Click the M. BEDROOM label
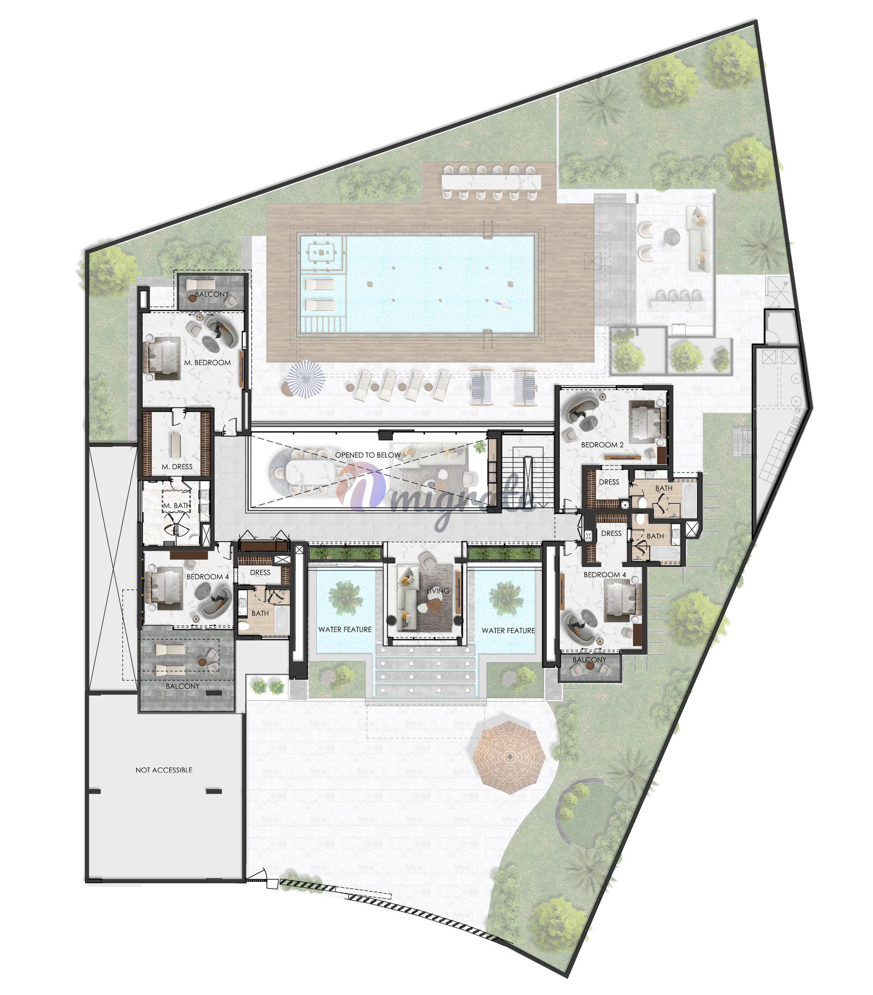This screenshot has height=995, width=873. click(207, 362)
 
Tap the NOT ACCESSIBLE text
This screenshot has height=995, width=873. click(164, 770)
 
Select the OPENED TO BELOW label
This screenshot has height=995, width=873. click(368, 455)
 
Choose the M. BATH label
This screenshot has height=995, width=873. click(176, 506)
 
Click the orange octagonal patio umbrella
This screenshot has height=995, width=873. click(509, 758)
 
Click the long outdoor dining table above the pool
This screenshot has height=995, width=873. click(491, 182)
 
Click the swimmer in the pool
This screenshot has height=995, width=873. click(503, 305)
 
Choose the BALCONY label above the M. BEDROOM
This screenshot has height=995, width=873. click(212, 294)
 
